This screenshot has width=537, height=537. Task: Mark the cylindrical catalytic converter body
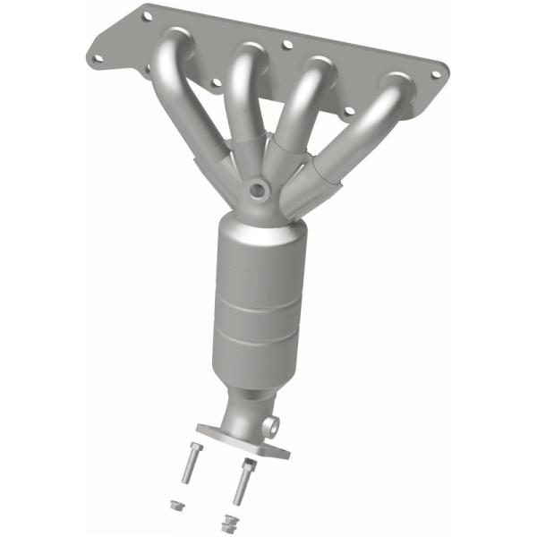259,295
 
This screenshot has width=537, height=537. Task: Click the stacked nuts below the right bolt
230,521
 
